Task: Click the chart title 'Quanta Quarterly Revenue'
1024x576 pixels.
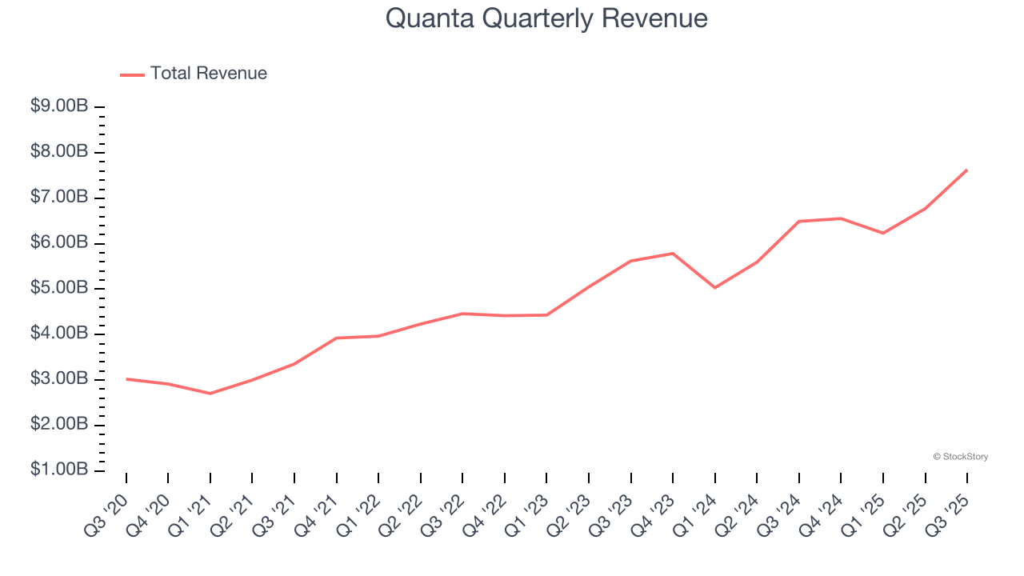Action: point(546,18)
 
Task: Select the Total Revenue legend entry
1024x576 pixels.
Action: point(194,74)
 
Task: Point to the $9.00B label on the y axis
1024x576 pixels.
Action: point(59,106)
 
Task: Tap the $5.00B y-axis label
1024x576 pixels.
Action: point(59,288)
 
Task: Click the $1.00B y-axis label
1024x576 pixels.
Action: point(59,470)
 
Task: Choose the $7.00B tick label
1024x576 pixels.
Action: point(59,198)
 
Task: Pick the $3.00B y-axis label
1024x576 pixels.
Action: point(59,378)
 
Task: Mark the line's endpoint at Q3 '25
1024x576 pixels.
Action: point(967,170)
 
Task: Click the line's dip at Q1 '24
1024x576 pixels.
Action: point(714,287)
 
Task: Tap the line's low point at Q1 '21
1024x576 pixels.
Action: point(210,394)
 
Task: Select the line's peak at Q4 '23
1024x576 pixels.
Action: point(673,254)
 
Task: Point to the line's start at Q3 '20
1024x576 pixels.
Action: point(126,378)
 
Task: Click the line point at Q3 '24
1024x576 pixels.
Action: point(799,221)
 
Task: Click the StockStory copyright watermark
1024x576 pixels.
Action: point(960,457)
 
